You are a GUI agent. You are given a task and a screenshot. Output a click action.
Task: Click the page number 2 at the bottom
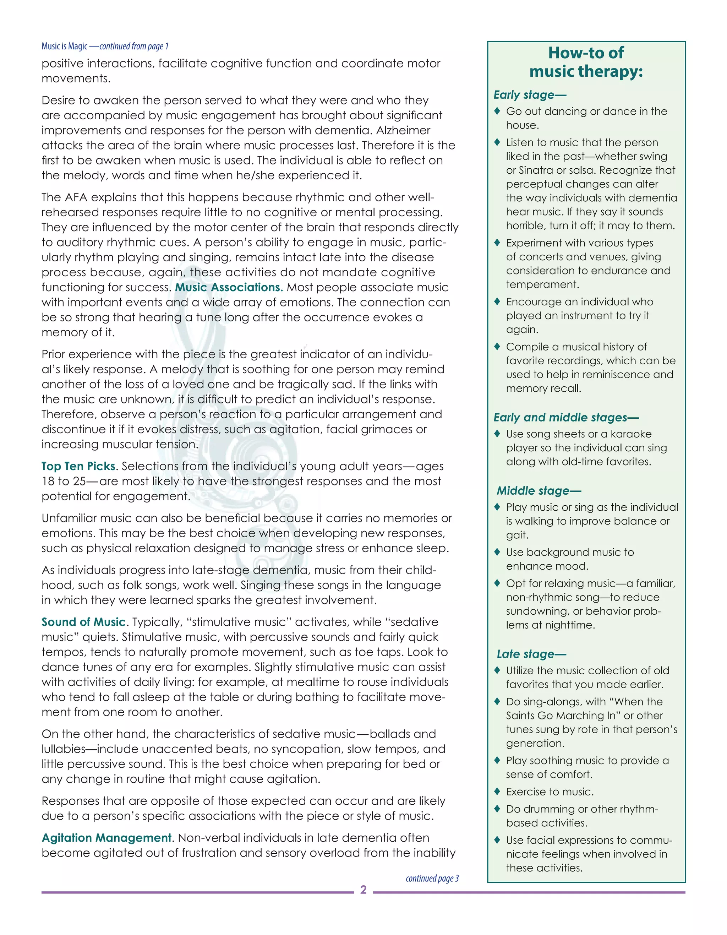(x=363, y=890)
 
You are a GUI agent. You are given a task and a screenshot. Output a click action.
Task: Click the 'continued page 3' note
(x=432, y=878)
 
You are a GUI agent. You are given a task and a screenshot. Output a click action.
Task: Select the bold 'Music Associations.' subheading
(x=229, y=287)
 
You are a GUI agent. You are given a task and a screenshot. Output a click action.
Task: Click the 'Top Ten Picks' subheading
(x=79, y=466)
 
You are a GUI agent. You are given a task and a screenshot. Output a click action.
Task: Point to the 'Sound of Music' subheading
(x=83, y=622)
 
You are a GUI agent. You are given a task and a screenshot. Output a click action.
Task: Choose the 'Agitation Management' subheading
(x=106, y=837)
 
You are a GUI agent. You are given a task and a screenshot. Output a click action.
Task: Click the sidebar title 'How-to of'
(x=586, y=53)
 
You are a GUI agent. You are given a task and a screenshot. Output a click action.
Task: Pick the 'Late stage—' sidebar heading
(x=531, y=654)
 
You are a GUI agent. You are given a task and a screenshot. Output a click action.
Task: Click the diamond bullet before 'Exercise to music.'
(x=497, y=791)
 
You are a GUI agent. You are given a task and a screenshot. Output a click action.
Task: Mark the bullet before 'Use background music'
(x=497, y=552)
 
